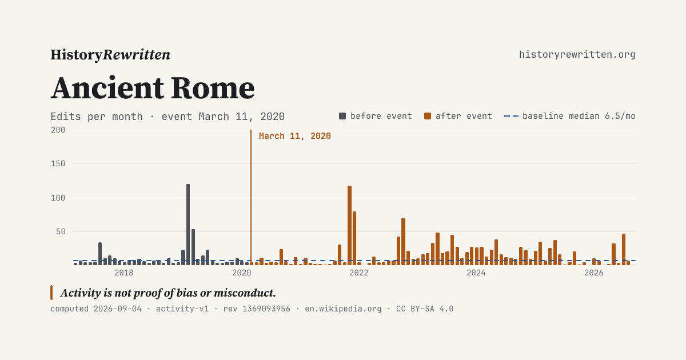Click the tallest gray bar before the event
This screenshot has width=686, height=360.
(x=188, y=225)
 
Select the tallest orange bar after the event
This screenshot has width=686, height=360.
(x=349, y=225)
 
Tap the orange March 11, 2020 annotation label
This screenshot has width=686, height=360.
(x=294, y=136)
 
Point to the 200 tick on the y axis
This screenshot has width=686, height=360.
(x=58, y=130)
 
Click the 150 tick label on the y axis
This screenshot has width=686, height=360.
(x=58, y=163)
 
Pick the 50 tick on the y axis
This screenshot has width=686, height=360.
(x=61, y=231)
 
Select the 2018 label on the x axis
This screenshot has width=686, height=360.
(x=123, y=273)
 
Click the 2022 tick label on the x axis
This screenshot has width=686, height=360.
(x=358, y=273)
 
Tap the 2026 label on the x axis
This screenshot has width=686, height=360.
(x=593, y=273)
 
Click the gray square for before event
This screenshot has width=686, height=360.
(x=342, y=116)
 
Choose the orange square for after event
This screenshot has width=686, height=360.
(x=428, y=116)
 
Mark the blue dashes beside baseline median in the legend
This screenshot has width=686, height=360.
(x=511, y=116)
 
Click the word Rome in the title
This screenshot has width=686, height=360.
(x=213, y=88)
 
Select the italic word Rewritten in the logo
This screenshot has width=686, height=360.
(x=136, y=55)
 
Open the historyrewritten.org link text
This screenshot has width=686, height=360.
(x=577, y=55)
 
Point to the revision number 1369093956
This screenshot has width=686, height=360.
(x=266, y=309)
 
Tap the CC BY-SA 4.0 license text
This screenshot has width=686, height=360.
(x=425, y=309)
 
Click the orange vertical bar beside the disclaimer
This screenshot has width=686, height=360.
(x=51, y=293)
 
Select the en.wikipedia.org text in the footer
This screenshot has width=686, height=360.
(x=343, y=309)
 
